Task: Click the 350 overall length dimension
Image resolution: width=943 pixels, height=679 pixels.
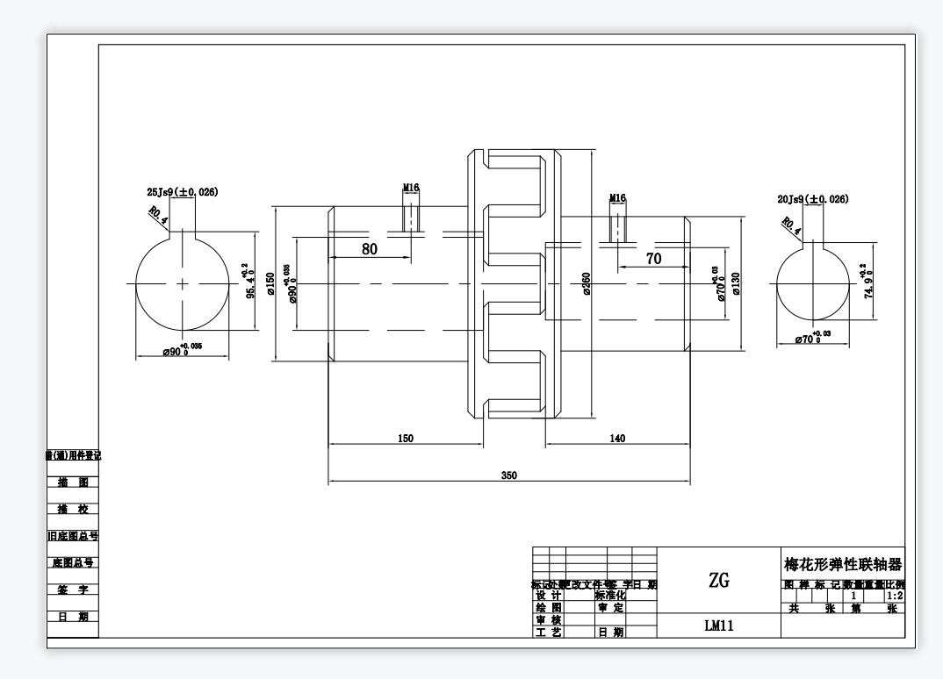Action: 509,475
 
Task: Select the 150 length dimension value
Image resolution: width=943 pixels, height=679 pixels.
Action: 406,439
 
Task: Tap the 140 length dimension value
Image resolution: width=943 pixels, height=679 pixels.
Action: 617,439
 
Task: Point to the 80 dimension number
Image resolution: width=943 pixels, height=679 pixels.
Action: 370,249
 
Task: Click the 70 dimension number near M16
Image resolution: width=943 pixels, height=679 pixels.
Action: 653,259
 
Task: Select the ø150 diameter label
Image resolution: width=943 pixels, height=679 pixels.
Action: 271,283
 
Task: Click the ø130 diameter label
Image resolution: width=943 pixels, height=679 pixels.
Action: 736,283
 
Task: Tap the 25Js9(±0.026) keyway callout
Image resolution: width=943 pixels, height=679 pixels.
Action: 183,191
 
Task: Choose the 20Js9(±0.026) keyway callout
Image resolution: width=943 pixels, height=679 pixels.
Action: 813,199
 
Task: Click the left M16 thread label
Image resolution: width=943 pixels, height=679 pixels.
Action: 411,188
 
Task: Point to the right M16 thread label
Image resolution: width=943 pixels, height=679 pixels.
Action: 617,198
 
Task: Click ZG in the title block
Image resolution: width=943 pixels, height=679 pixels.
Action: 717,580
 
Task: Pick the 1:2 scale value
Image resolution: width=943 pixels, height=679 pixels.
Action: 895,596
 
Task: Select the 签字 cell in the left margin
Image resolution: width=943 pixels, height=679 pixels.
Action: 72,590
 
